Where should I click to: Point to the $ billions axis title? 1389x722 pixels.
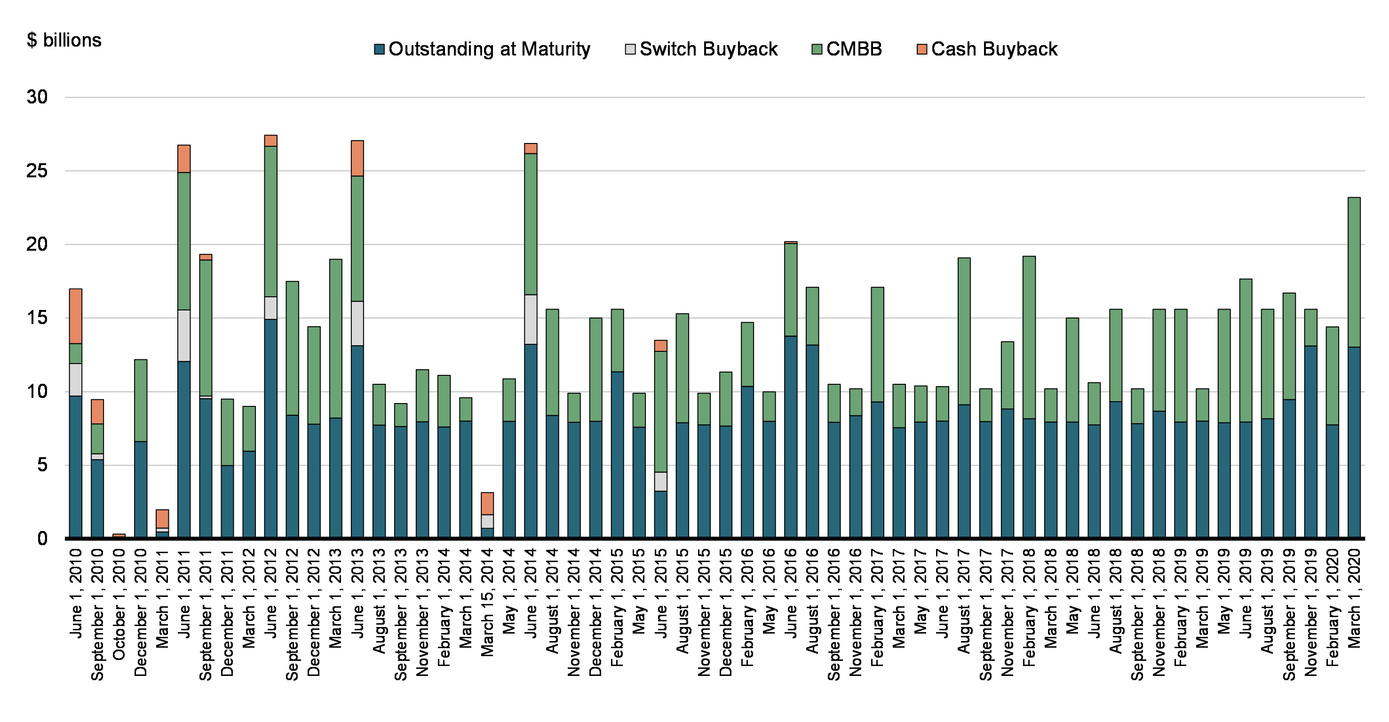point(63,40)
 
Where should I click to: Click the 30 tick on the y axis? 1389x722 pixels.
point(37,97)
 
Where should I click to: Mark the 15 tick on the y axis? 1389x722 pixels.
point(37,317)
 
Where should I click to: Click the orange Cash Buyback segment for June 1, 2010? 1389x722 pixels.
point(75,316)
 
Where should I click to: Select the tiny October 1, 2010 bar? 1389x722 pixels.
point(119,535)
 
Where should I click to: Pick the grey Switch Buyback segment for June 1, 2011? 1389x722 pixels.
point(184,335)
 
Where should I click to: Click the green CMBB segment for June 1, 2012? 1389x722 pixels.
point(270,221)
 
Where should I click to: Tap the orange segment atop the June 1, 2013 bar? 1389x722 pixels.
point(357,158)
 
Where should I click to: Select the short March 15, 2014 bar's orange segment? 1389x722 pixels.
point(487,503)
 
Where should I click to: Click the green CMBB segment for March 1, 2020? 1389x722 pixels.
point(1354,272)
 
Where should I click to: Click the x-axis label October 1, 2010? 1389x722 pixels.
point(119,604)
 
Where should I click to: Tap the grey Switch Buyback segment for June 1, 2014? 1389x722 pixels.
point(531,319)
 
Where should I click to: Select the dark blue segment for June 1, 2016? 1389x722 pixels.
point(791,437)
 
